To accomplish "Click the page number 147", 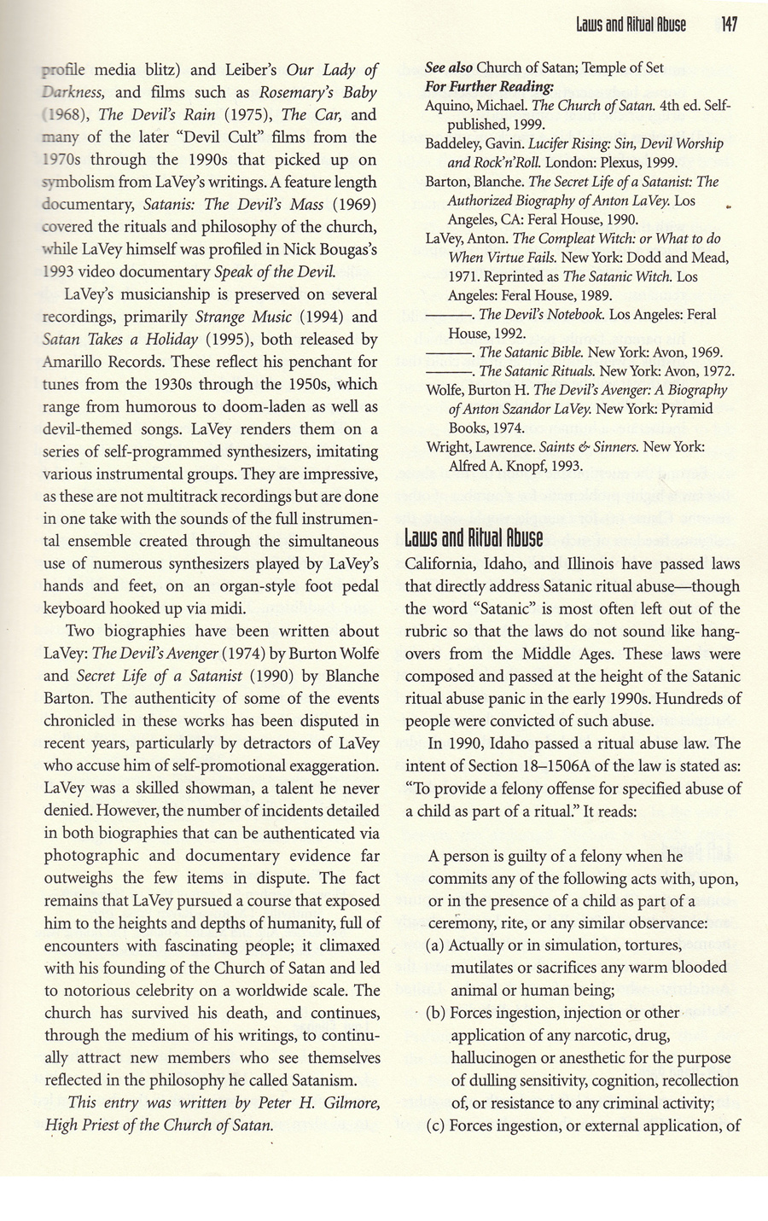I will (x=728, y=25).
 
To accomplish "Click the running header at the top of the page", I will (x=631, y=25).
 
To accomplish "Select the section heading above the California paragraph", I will (x=473, y=538).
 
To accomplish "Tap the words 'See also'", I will (x=449, y=68).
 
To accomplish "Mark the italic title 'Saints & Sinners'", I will (x=551, y=446).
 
